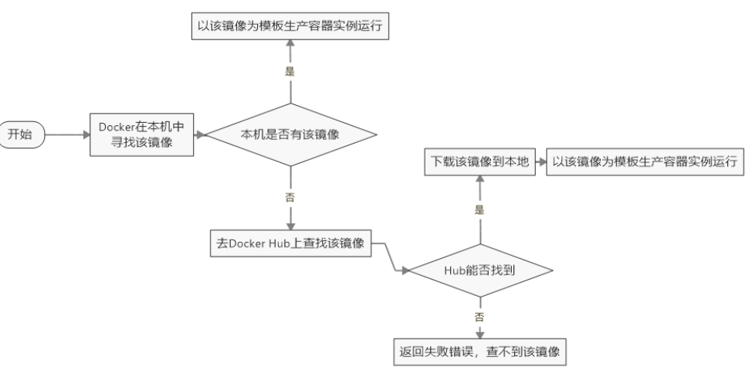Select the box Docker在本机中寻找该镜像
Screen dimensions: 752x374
[x=141, y=135]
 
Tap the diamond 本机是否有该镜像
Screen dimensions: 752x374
[x=290, y=135]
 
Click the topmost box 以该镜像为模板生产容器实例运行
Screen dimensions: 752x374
[x=290, y=26]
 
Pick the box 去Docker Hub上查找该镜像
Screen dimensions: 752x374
[x=290, y=243]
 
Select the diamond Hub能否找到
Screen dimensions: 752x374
[x=480, y=270]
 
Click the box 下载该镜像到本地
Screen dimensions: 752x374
[x=480, y=161]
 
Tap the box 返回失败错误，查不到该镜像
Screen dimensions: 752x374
[x=480, y=352]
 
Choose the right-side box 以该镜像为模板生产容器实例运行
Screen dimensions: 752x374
[x=645, y=161]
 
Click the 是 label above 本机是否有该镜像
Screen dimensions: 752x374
[x=290, y=72]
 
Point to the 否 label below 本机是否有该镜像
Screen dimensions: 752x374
[x=290, y=197]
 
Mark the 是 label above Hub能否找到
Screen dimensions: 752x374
[x=479, y=210]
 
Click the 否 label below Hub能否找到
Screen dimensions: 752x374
[x=479, y=317]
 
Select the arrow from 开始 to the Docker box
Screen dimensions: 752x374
[x=68, y=135]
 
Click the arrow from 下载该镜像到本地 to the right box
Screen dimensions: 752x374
[x=541, y=161]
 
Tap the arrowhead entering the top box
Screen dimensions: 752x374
[x=290, y=44]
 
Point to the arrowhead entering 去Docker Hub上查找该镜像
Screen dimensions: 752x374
[x=290, y=226]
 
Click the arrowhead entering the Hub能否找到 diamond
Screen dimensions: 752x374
[x=405, y=270]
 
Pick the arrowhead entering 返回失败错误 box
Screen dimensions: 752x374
[x=479, y=335]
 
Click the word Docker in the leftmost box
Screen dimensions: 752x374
[x=116, y=127]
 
